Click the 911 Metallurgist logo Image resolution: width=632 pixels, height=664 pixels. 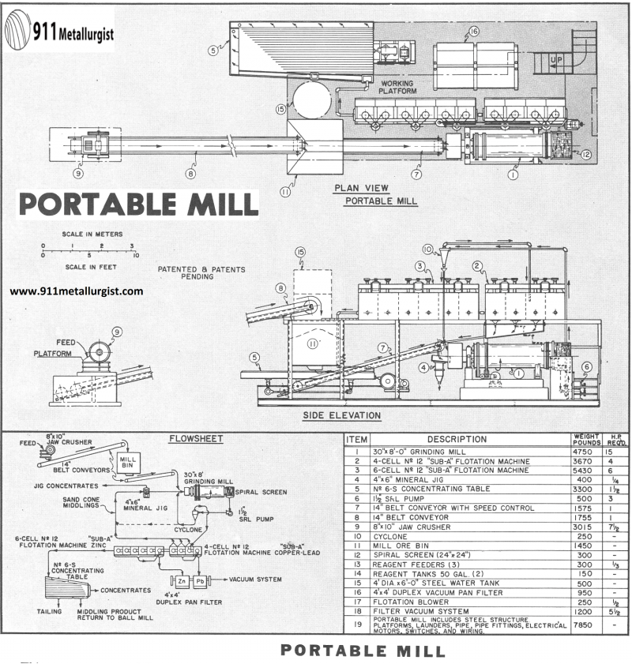click(x=59, y=32)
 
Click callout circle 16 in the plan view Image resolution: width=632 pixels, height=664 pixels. click(x=473, y=32)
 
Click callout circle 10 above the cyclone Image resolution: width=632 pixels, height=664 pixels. click(x=428, y=249)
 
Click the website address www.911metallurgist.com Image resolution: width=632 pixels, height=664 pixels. click(x=77, y=291)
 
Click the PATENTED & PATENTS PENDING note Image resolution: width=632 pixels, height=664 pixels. click(x=201, y=273)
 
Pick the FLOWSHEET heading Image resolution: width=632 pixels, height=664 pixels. click(x=196, y=438)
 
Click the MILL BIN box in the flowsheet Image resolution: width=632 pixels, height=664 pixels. click(x=128, y=462)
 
